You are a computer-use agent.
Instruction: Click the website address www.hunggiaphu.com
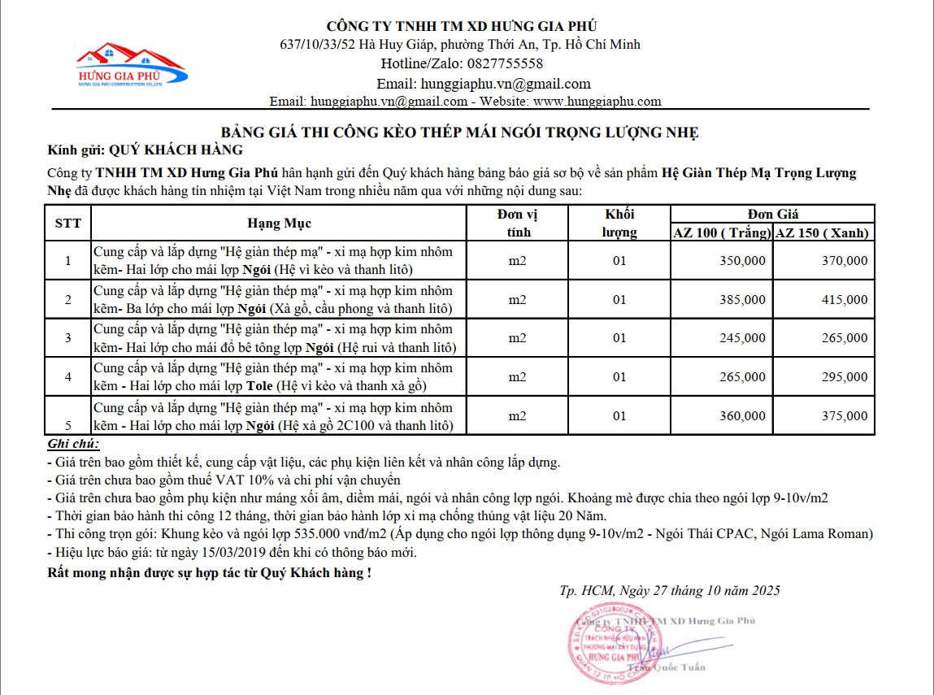[x=597, y=102]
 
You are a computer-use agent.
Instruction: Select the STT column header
[x=67, y=223]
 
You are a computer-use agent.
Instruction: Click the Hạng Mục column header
[x=279, y=223]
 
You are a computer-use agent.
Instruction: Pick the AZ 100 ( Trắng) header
[x=722, y=232]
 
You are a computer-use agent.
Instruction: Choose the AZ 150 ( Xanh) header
[x=822, y=232]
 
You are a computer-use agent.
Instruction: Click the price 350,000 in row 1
[x=742, y=261]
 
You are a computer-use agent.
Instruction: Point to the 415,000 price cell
[x=845, y=300]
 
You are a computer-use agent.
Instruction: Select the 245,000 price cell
[x=742, y=338]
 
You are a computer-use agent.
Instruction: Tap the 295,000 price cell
[x=845, y=377]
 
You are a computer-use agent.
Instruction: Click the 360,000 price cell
[x=742, y=416]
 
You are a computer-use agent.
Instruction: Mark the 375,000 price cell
[x=845, y=416]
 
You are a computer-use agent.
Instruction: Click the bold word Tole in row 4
[x=259, y=386]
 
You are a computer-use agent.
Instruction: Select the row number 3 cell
[x=67, y=338]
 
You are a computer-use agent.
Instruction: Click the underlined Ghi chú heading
[x=73, y=445]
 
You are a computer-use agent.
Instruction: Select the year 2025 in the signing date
[x=764, y=591]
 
